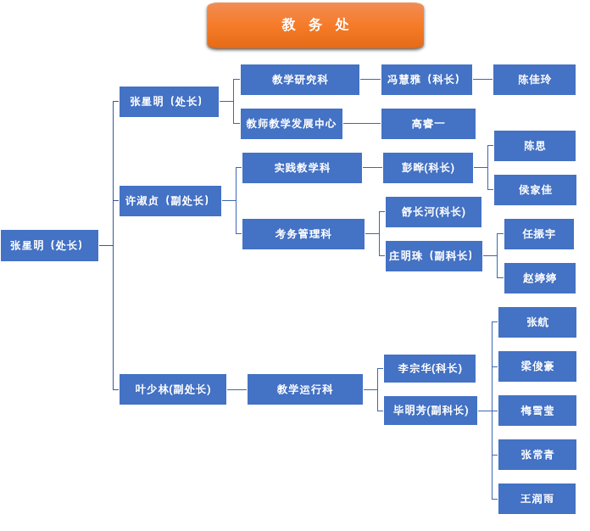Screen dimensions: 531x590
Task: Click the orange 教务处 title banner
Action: click(x=315, y=25)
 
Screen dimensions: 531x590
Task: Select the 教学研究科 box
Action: click(x=299, y=80)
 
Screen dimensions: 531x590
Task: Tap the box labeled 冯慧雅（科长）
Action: click(x=426, y=80)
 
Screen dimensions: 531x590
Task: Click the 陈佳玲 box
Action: click(x=534, y=80)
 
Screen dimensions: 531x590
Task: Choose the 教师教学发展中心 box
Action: click(x=291, y=124)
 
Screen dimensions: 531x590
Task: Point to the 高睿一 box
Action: click(x=428, y=124)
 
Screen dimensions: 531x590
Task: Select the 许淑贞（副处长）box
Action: click(x=170, y=201)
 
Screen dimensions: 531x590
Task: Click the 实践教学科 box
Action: click(x=302, y=168)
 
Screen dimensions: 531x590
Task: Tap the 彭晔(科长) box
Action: click(x=427, y=168)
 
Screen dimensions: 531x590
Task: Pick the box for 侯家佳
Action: click(x=535, y=190)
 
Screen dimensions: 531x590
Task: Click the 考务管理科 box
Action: click(x=303, y=234)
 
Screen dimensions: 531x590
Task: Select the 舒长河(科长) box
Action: click(x=433, y=212)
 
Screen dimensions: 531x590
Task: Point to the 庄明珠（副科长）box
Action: click(x=433, y=256)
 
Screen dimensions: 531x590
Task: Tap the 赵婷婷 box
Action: click(x=539, y=278)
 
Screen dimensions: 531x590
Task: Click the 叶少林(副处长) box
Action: click(x=172, y=389)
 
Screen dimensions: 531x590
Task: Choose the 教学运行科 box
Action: click(x=304, y=389)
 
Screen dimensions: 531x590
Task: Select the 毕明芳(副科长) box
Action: click(x=430, y=411)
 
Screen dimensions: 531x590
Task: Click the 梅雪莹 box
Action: click(x=537, y=411)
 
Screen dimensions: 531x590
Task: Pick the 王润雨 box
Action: click(x=537, y=499)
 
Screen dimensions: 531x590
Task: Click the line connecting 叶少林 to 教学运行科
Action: click(x=237, y=389)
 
